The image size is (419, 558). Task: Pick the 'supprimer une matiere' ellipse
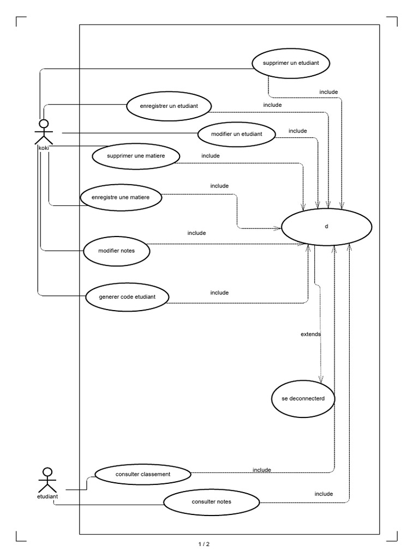click(136, 156)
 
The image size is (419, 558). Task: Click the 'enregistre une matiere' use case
click(121, 197)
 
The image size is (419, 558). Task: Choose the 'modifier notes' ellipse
click(117, 251)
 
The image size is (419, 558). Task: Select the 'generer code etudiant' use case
click(128, 297)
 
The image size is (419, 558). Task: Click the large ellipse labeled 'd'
click(326, 226)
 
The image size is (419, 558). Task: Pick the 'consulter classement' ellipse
click(143, 474)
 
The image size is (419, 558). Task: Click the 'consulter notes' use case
click(211, 502)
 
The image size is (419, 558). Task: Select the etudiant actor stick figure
click(47, 480)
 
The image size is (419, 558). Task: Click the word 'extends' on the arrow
click(310, 333)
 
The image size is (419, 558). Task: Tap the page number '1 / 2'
click(203, 544)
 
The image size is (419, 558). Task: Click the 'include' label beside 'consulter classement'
click(262, 470)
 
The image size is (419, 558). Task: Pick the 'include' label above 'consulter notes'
click(324, 494)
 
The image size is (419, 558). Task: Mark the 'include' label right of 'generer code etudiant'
click(219, 293)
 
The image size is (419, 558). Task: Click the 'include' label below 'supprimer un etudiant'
click(328, 92)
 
